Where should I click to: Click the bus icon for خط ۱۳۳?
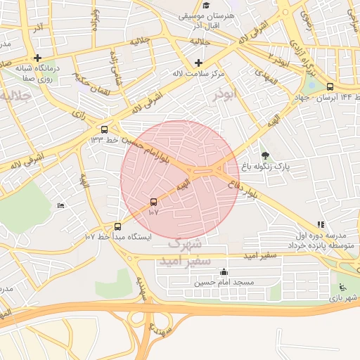[105, 129]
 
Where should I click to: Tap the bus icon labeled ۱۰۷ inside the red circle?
[153, 202]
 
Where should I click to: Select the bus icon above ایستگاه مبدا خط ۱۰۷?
[117, 226]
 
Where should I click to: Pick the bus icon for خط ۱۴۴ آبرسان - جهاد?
[330, 87]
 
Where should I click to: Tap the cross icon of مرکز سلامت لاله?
[198, 63]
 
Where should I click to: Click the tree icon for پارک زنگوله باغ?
[265, 156]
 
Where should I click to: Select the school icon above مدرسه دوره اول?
[321, 224]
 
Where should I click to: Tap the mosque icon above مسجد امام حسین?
[224, 271]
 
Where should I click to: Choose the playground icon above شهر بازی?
[342, 287]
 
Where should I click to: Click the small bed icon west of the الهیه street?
[61, 205]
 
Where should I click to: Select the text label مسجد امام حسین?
[222, 282]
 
